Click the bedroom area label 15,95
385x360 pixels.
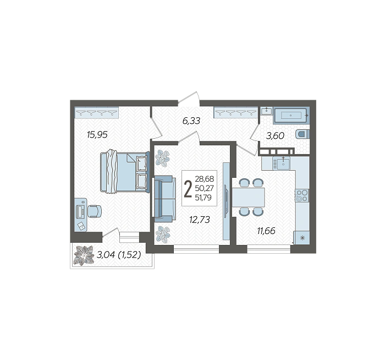(x=97, y=135)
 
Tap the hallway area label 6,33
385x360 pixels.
(x=191, y=121)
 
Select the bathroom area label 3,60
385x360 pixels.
(x=275, y=135)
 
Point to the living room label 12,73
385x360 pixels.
(x=200, y=220)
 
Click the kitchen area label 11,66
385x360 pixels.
(x=266, y=231)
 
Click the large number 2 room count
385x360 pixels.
(x=188, y=188)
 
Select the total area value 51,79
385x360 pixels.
(x=203, y=197)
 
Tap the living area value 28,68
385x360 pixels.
(x=204, y=179)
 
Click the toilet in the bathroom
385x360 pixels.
(x=303, y=134)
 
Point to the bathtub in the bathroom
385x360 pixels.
(x=291, y=115)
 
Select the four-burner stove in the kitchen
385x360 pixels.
(x=302, y=195)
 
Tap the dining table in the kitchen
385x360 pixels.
(x=248, y=197)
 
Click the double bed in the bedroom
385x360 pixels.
(x=125, y=172)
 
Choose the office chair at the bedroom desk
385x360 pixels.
(x=95, y=211)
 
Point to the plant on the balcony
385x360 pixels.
(x=84, y=255)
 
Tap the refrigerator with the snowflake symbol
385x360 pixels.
(x=302, y=238)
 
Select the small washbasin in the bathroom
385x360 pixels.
(x=266, y=111)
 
